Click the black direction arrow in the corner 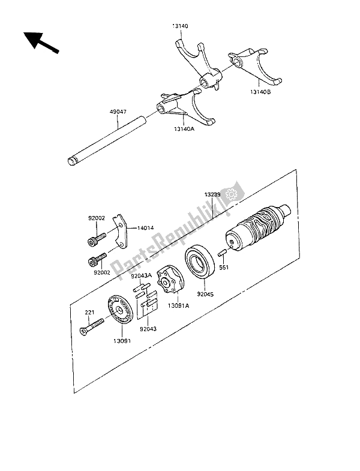click(x=41, y=43)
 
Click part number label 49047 click(x=118, y=112)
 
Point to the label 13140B click(x=260, y=92)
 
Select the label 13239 click(x=212, y=194)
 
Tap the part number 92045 click(x=205, y=295)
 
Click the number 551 click(x=224, y=268)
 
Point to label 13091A click(x=178, y=305)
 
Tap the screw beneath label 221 click(x=91, y=327)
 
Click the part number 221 click(x=89, y=313)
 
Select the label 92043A click(x=142, y=275)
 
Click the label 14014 click(x=145, y=228)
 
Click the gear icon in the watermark click(x=232, y=194)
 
